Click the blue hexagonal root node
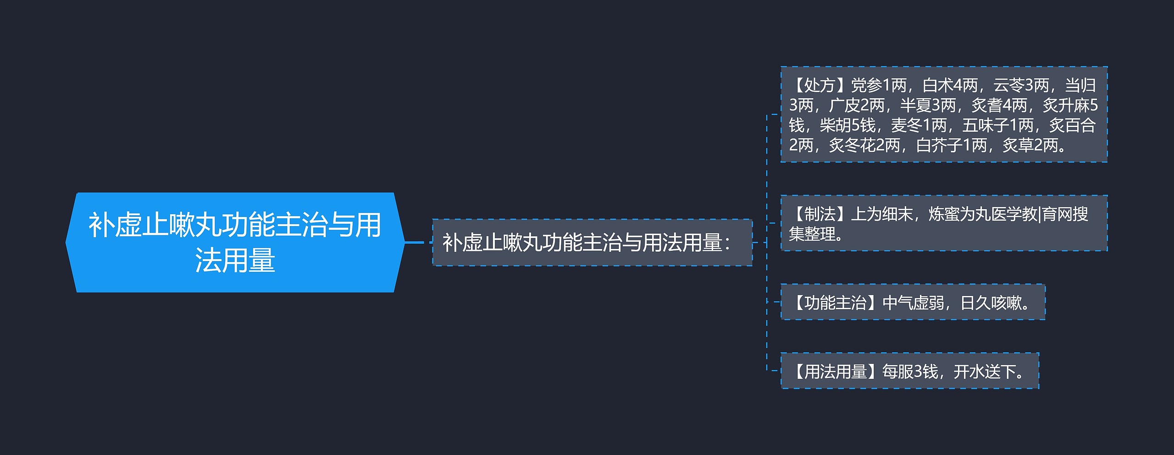[x=235, y=242]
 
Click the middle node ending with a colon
[x=592, y=243]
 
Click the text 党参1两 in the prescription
[x=879, y=85]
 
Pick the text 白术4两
[x=950, y=85]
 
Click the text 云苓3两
[x=1021, y=85]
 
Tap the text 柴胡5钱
[x=847, y=125]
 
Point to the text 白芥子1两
[x=951, y=145]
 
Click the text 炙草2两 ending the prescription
[x=1030, y=145]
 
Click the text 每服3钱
[x=910, y=372]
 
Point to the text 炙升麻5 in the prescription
[x=1070, y=105]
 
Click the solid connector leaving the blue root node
[x=415, y=242]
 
